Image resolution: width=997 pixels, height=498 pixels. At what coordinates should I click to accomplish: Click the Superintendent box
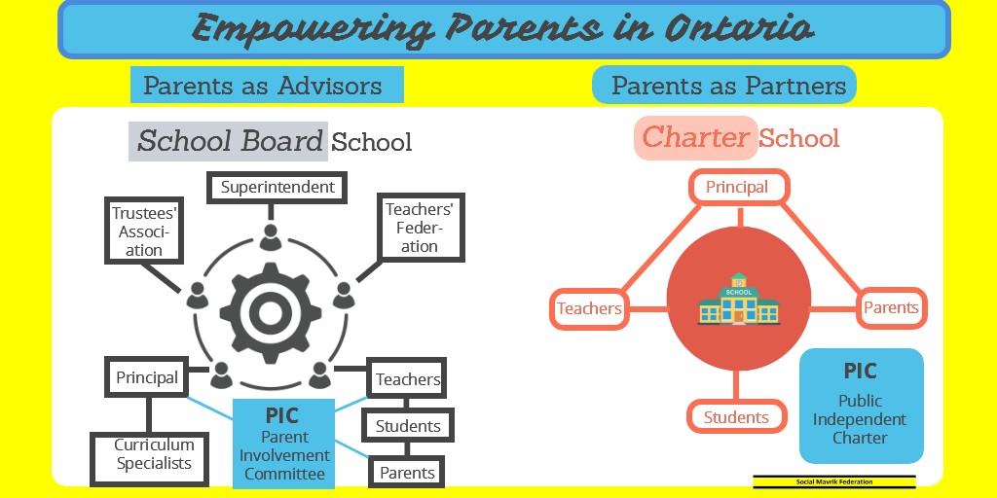tap(277, 187)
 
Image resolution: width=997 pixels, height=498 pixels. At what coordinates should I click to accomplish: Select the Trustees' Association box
tap(144, 231)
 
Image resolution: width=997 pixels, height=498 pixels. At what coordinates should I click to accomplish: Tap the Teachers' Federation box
tap(420, 227)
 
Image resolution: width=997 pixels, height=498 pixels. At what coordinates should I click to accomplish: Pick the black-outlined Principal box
tap(147, 377)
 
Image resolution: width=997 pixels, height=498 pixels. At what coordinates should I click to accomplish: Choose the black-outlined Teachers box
tap(408, 379)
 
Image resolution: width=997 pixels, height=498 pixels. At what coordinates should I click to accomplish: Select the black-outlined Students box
tap(408, 426)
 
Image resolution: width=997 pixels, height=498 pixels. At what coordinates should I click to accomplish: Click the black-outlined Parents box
tap(407, 473)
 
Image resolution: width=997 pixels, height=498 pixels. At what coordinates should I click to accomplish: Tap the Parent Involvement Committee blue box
tap(283, 443)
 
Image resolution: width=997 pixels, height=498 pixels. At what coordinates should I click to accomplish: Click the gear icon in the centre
tap(270, 311)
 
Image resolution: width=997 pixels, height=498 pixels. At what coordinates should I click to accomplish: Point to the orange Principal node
tap(737, 188)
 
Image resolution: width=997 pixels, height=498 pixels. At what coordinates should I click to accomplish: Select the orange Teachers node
tap(589, 309)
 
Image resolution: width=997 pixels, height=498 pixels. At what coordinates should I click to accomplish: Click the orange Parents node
tap(891, 308)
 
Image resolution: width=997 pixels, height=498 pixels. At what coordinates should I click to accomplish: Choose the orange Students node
tap(736, 417)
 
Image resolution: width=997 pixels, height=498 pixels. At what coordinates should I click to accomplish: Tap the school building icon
tap(739, 299)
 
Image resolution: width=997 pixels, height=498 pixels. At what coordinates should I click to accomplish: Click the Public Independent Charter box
tap(861, 407)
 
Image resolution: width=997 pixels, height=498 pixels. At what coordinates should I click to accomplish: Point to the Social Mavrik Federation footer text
tap(834, 481)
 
